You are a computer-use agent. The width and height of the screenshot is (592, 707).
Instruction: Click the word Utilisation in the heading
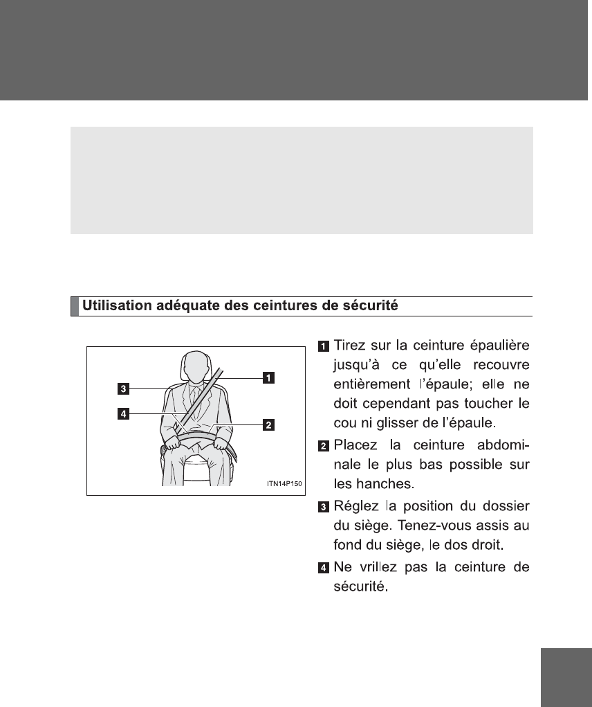click(113, 305)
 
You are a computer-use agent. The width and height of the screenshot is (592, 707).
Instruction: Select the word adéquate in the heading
click(182, 305)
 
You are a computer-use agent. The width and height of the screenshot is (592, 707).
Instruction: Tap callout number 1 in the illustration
click(267, 377)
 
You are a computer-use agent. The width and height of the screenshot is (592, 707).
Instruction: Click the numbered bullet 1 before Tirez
click(324, 346)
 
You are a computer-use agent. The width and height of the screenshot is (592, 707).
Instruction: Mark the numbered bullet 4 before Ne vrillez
click(324, 569)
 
